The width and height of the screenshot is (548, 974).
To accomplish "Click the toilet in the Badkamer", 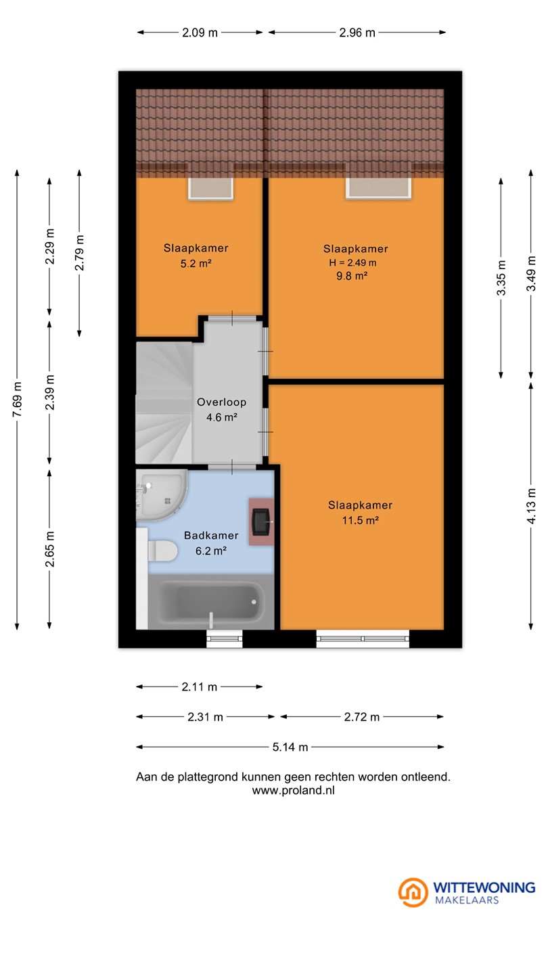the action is pos(162,551).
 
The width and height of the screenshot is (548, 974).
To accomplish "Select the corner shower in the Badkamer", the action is pos(161,495).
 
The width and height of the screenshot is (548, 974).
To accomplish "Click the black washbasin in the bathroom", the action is pos(261,521).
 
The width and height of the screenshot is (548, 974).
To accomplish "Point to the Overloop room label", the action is pos(222,402).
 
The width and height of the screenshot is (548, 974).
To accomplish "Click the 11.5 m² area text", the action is pos(361,520).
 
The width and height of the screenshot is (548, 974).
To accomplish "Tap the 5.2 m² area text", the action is pos(196,264).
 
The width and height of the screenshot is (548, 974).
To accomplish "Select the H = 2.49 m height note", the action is pos(352,262).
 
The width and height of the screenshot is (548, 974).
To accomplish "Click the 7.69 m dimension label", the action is pos(17,399).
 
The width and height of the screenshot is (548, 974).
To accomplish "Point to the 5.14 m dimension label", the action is pos(290,747).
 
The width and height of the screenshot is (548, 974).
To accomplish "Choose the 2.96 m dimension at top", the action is pos(357,32).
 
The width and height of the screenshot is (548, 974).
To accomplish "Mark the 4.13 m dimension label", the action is pos(531,506).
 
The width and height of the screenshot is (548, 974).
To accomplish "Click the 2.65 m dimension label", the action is pos(50,549).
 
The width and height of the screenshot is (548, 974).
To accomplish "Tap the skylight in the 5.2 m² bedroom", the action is pos(210,188).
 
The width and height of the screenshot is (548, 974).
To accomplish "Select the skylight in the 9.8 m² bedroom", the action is pos(378,187).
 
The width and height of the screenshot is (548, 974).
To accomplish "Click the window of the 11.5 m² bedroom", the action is pos(363,639).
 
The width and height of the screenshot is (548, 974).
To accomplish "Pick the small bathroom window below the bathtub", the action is pos(224,639).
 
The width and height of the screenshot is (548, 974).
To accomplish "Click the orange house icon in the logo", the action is pos(413,891).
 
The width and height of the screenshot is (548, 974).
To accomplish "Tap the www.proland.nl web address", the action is pos(294,791).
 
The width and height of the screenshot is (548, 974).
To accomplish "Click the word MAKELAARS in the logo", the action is pos(467,900).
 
